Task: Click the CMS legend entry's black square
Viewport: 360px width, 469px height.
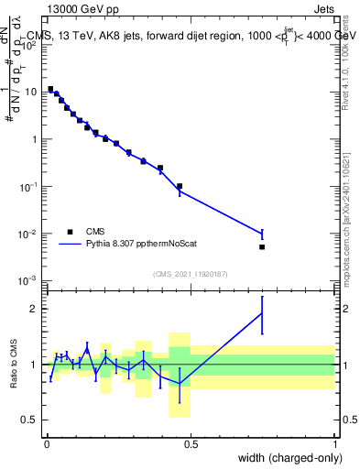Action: click(x=70, y=232)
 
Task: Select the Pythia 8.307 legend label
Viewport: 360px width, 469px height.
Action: click(x=137, y=245)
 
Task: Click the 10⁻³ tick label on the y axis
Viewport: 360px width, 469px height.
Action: click(x=31, y=281)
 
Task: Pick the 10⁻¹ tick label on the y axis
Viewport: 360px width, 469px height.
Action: click(x=31, y=186)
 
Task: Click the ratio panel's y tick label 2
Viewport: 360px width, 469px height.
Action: click(x=38, y=309)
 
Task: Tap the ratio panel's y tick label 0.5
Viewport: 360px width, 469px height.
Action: click(x=33, y=420)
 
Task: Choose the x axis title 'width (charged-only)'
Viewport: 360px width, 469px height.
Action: click(x=287, y=457)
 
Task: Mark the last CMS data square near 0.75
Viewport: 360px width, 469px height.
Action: click(x=262, y=247)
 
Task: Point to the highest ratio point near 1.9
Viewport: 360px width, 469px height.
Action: click(x=262, y=313)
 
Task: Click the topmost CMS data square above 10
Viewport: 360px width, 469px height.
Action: click(x=50, y=89)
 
